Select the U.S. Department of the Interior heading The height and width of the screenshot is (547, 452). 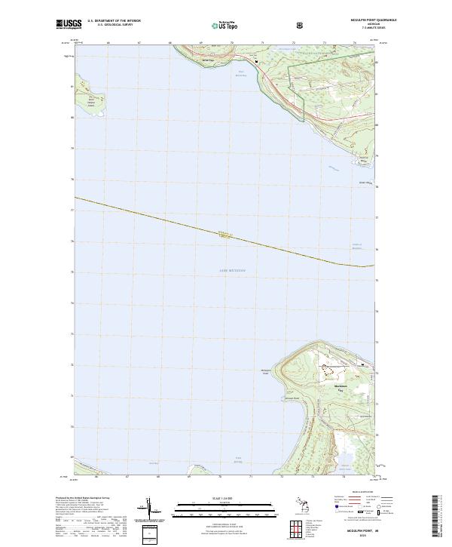(x=114, y=21)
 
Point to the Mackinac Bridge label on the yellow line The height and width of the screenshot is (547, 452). (x=223, y=233)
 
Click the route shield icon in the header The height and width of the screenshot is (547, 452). (x=301, y=24)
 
